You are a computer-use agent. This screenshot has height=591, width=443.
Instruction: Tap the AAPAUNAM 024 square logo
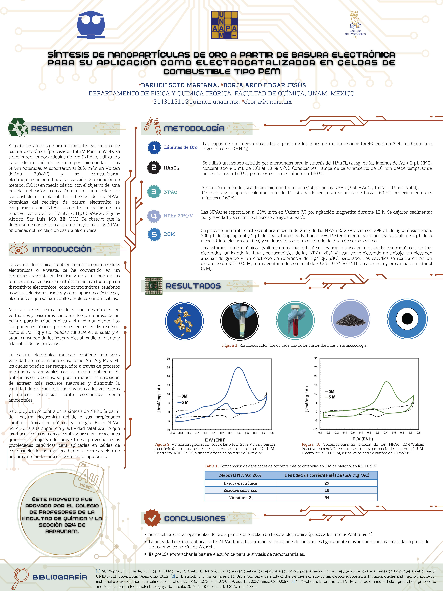(x=224, y=25)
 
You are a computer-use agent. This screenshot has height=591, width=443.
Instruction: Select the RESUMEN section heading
(x=52, y=129)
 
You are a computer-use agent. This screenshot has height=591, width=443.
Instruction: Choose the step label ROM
(x=169, y=234)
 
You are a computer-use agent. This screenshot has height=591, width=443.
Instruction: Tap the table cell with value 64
(x=327, y=498)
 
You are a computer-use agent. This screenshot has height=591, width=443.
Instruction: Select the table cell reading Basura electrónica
(x=240, y=483)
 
